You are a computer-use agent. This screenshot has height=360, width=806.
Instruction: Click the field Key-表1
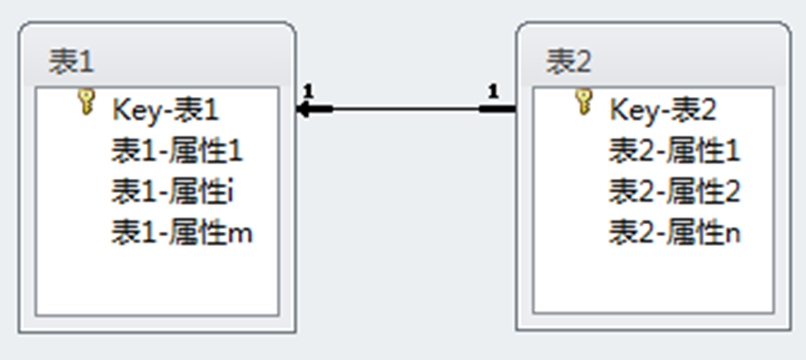165,109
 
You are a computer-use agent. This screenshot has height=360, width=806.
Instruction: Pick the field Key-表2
663,109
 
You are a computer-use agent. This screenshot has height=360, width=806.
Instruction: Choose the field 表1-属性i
173,192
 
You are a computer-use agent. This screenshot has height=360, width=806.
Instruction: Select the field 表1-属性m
182,233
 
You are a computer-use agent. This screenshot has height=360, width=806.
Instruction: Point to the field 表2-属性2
674,192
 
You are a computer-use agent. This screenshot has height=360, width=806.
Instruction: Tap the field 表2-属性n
675,233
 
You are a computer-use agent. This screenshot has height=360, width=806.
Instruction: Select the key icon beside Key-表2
583,102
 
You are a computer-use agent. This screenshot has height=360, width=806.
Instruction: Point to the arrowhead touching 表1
304,109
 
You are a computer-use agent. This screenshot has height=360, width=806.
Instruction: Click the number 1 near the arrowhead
308,90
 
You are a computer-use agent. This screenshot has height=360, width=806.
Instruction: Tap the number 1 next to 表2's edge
493,90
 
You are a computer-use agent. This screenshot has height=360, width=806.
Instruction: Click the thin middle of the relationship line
405,109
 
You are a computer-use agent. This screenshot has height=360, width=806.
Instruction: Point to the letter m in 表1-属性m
241,234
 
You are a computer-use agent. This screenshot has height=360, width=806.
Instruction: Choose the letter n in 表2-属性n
733,234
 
